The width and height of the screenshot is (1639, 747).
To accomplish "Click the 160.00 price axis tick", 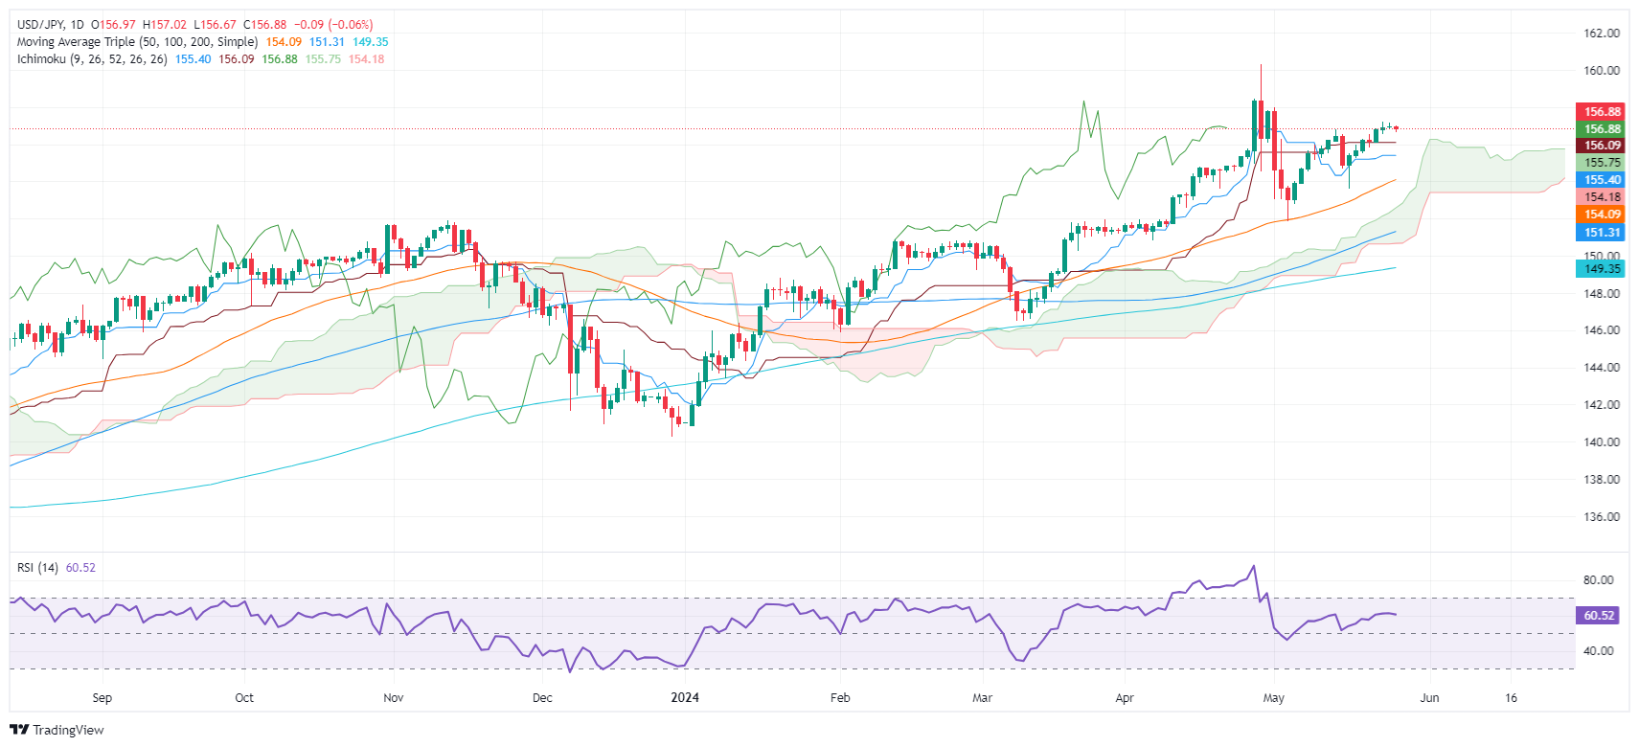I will click(x=1601, y=70).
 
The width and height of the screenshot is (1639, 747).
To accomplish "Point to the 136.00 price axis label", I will click(x=1601, y=517).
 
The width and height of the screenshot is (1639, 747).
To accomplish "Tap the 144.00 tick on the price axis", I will click(x=1601, y=368).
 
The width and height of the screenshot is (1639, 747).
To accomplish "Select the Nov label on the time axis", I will click(x=393, y=698).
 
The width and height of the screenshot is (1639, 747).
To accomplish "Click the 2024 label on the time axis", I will click(x=685, y=698).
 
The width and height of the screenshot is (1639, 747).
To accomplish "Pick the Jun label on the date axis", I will click(x=1429, y=698).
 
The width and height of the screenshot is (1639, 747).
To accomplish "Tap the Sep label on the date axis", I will click(x=102, y=698).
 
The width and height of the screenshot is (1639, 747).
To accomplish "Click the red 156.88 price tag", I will click(x=1601, y=112).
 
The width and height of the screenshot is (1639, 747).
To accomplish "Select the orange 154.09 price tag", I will click(x=1601, y=215).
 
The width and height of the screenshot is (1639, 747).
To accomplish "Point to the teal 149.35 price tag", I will click(x=1601, y=269).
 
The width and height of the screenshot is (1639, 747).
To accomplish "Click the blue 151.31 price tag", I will click(x=1601, y=233).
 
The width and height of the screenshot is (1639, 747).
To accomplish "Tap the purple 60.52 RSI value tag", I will click(x=1598, y=616).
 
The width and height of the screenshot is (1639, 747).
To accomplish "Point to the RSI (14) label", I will click(x=37, y=568).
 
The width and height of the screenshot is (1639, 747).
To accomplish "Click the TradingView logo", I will click(x=57, y=730).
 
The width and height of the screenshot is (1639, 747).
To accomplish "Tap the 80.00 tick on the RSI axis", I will click(x=1598, y=580).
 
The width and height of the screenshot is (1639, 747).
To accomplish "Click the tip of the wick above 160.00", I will click(x=1261, y=65).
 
